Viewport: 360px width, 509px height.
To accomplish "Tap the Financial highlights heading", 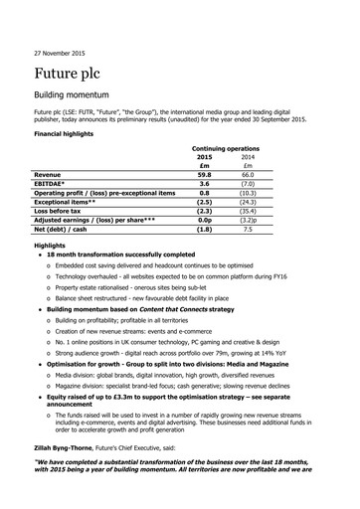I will [x=74, y=132].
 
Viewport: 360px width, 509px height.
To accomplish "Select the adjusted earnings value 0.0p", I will [x=204, y=229].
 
